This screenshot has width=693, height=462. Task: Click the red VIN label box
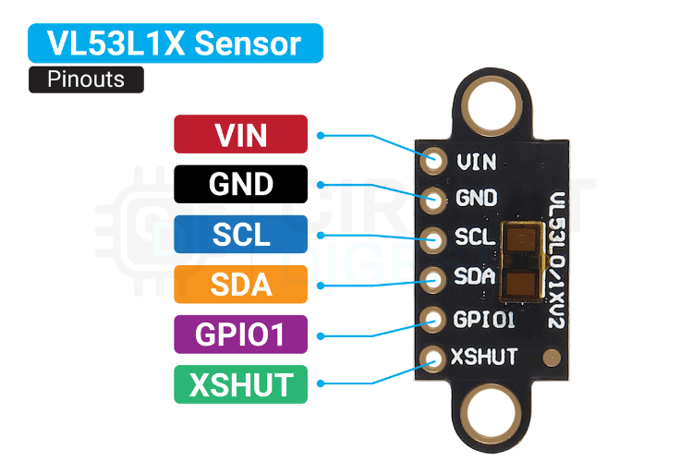(x=240, y=134)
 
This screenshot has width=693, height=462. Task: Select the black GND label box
(x=240, y=184)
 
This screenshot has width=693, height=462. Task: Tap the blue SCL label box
(x=240, y=234)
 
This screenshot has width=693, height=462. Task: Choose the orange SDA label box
(x=240, y=284)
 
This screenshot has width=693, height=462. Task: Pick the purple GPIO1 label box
(x=240, y=334)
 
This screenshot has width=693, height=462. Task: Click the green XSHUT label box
(x=240, y=384)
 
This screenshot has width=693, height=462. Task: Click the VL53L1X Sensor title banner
(x=176, y=43)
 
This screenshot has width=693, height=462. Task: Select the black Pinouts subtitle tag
(x=86, y=79)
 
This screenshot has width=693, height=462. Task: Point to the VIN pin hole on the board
(x=432, y=161)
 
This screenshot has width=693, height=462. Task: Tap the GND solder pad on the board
(x=432, y=199)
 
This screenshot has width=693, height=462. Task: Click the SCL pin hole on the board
(x=432, y=237)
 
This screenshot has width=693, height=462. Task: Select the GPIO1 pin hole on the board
(x=432, y=319)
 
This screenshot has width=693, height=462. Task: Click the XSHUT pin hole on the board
(x=432, y=358)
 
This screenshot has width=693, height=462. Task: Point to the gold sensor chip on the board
(x=521, y=261)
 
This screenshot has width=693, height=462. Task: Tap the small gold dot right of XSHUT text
(x=551, y=355)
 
